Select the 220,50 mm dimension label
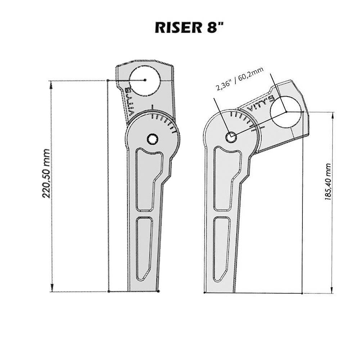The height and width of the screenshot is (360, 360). [x=46, y=174]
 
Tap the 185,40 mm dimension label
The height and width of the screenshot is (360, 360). [x=328, y=181]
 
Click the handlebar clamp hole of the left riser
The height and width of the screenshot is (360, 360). [x=145, y=80]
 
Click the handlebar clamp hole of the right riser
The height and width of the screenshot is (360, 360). [x=285, y=112]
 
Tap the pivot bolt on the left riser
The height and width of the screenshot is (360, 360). [x=152, y=139]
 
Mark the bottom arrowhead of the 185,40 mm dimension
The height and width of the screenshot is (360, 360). [x=332, y=290]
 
